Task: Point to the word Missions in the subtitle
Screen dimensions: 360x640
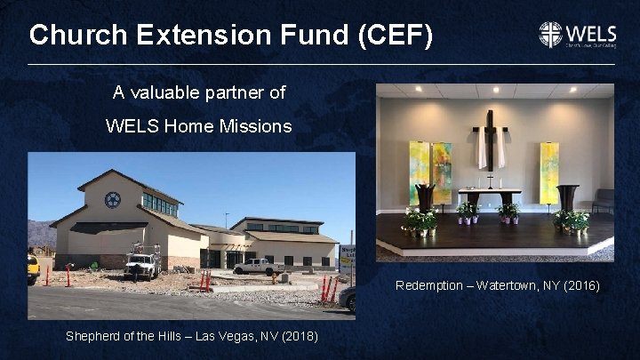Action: click(258, 126)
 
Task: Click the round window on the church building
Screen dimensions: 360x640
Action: click(112, 200)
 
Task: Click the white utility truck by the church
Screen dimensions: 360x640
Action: click(142, 265)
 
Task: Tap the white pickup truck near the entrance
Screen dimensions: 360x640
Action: click(257, 266)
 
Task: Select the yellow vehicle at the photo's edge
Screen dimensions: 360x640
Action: click(33, 266)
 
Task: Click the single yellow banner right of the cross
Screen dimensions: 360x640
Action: click(549, 172)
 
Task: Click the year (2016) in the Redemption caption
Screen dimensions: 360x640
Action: click(580, 285)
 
